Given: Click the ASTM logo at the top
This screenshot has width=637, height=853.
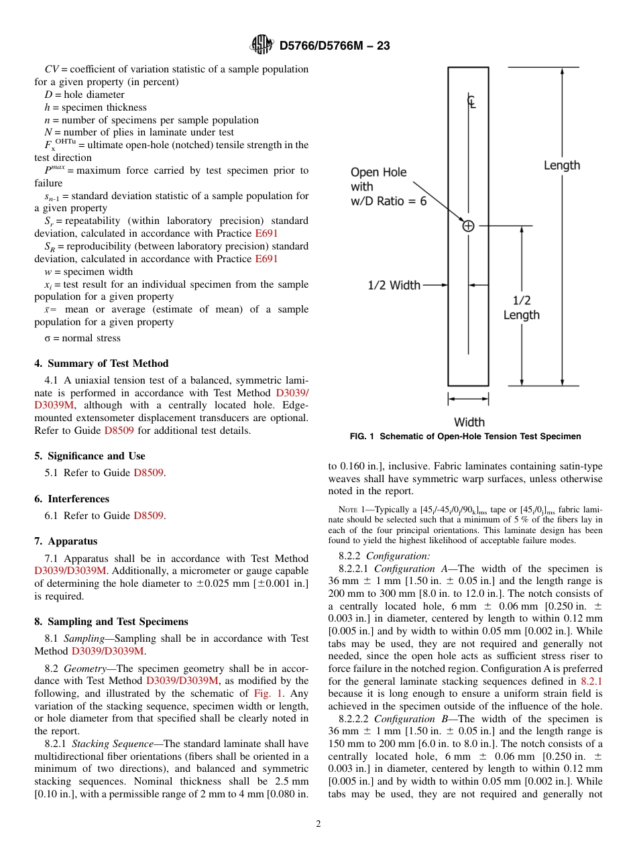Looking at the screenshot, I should coord(262,45).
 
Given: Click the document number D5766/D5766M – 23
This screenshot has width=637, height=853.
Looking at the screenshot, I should coord(334,46).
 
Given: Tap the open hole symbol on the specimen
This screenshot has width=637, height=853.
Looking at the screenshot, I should coord(468,226).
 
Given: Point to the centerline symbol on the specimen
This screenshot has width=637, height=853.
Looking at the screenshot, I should coord(471,102).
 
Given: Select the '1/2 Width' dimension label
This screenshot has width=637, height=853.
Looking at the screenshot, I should coord(394,285).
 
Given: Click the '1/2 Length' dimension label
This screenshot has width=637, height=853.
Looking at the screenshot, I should coord(521,308).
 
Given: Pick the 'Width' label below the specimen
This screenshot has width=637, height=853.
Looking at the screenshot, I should coord(469,422).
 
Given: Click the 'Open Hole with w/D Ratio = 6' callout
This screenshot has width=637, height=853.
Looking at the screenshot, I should coord(388,186).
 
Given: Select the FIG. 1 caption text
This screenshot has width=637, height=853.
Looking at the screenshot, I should coord(465,437).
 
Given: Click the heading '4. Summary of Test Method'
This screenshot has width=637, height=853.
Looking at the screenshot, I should coord(101,363).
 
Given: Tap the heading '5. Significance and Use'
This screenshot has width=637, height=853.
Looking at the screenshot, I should coord(89,456).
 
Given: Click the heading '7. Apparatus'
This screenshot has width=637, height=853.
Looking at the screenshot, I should coord(66,541).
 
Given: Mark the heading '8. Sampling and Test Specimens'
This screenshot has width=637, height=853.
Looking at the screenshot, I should coord(111,622).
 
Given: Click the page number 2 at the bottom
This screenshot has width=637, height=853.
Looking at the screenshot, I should coord(318,824).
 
